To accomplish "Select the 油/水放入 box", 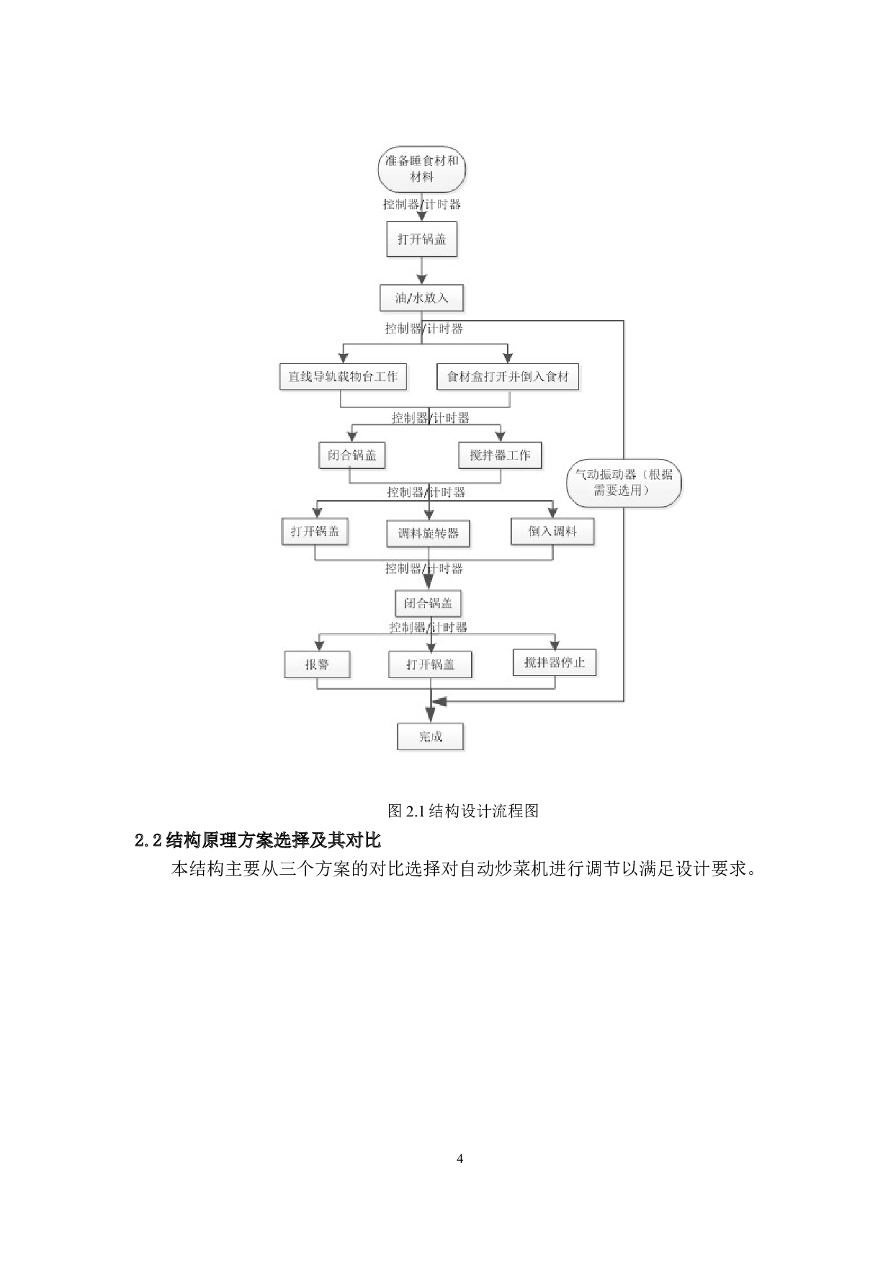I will pyautogui.click(x=421, y=298).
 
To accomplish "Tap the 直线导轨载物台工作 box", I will pyautogui.click(x=343, y=376).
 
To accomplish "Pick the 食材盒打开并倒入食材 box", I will pyautogui.click(x=508, y=376).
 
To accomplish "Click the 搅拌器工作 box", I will pyautogui.click(x=500, y=455).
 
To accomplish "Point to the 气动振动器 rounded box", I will pyautogui.click(x=623, y=483).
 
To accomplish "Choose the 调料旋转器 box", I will pyautogui.click(x=428, y=533).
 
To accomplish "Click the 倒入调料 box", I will pyautogui.click(x=552, y=531).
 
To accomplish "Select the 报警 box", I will pyautogui.click(x=317, y=664).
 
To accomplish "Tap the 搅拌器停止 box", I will pyautogui.click(x=555, y=662).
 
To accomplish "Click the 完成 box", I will pyautogui.click(x=430, y=736).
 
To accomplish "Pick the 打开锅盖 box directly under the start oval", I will pyautogui.click(x=421, y=239).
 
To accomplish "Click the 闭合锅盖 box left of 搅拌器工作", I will pyautogui.click(x=352, y=455).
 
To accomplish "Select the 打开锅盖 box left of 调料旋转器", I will pyautogui.click(x=315, y=531).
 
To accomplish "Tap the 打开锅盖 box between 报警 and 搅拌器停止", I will pyautogui.click(x=430, y=664).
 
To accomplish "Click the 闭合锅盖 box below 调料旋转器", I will pyautogui.click(x=428, y=603).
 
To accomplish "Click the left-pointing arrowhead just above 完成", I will pyautogui.click(x=439, y=701).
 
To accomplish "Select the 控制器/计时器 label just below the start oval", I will pyautogui.click(x=421, y=204).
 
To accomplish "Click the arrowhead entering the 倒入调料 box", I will pyautogui.click(x=552, y=513).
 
